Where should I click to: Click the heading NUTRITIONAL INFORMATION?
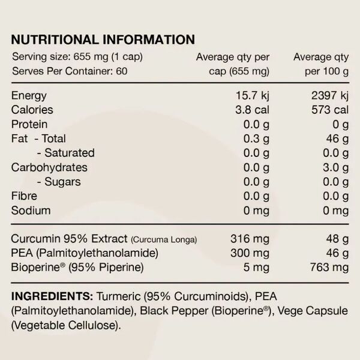(x=103, y=40)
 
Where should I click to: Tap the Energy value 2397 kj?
(x=328, y=96)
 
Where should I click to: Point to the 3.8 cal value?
(x=253, y=110)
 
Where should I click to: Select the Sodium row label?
(x=31, y=211)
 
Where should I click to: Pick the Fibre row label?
(x=25, y=196)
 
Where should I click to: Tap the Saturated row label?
(x=65, y=153)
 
